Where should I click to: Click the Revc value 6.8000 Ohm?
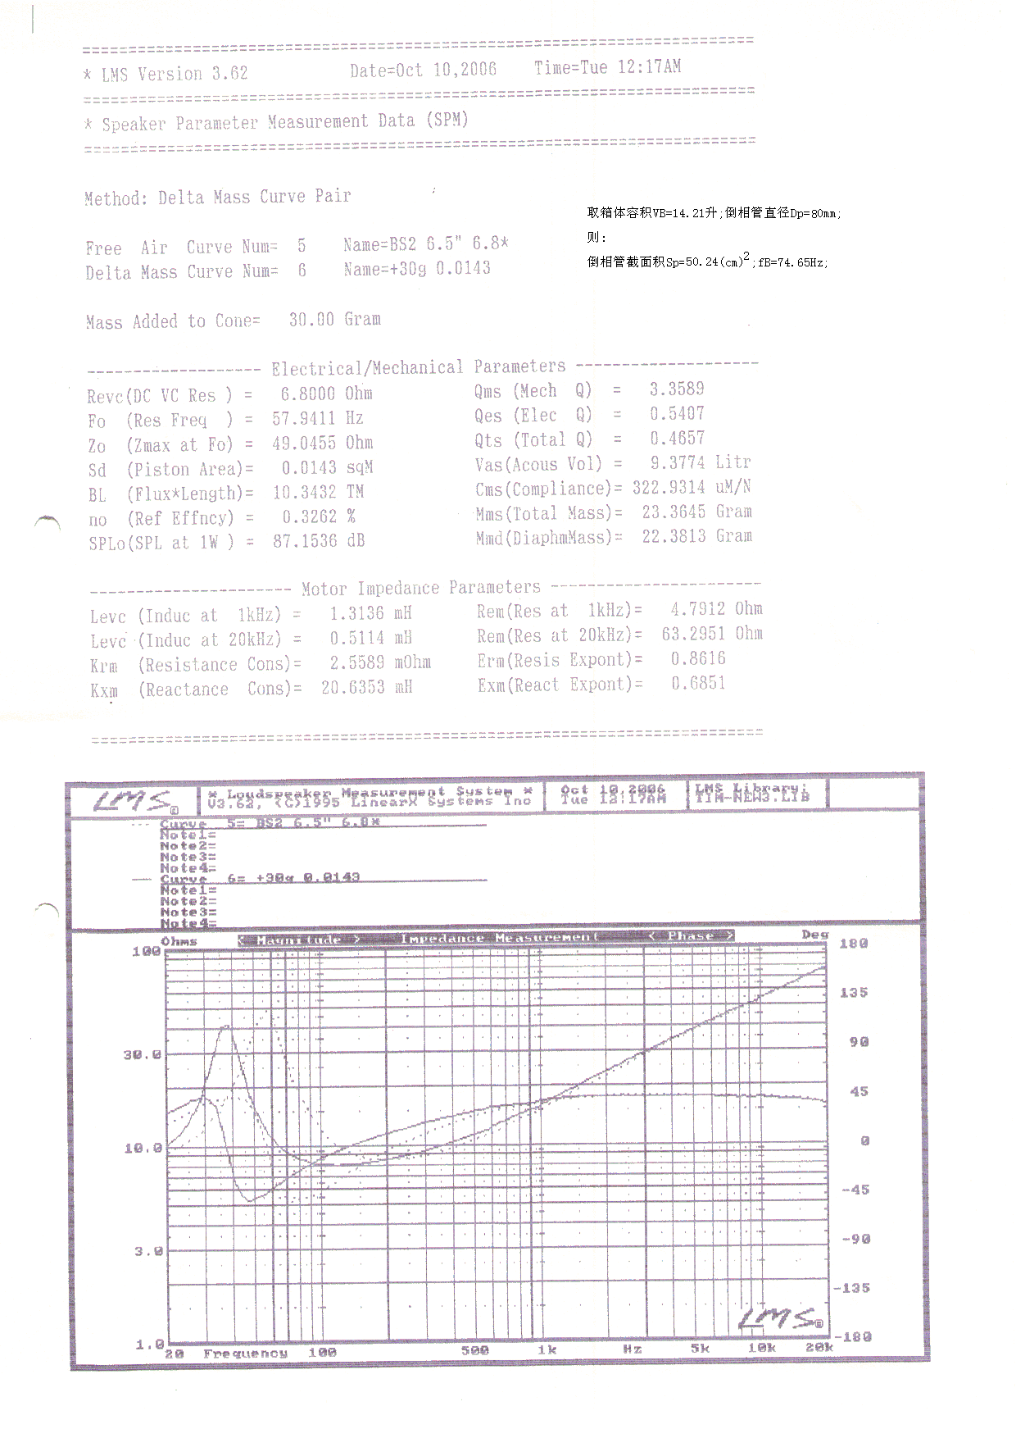[326, 394]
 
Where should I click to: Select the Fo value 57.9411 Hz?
[318, 419]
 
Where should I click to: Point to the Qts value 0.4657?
[677, 439]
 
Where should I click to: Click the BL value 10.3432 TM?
[318, 493]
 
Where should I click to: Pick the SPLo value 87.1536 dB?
[318, 541]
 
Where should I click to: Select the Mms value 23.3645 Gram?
[696, 512]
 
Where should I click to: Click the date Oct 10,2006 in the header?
[423, 71]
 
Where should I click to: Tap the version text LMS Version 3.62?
[173, 74]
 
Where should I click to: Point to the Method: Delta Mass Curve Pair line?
[217, 198]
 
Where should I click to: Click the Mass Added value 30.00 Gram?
[334, 320]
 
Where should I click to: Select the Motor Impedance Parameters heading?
[420, 589]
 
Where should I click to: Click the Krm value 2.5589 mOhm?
[379, 662]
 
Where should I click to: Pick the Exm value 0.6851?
[698, 684]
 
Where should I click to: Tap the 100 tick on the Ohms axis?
[147, 952]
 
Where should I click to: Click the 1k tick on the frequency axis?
[547, 1350]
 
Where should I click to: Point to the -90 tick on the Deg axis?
[855, 1239]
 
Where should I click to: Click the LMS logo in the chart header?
[131, 802]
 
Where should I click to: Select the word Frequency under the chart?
[245, 1354]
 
